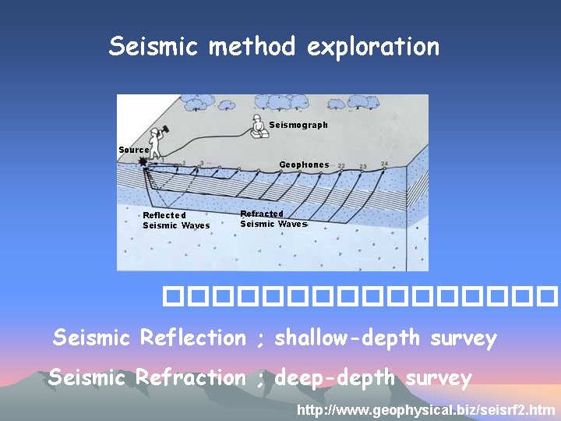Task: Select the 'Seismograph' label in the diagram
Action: click(298, 125)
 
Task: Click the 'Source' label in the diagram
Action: click(133, 150)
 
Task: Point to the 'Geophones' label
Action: click(304, 165)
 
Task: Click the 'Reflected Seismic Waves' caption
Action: click(176, 221)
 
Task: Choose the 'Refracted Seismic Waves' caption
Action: click(273, 219)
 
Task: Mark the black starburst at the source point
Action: click(143, 162)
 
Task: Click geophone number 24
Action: click(384, 164)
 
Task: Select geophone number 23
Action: click(363, 166)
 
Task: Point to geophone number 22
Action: click(341, 166)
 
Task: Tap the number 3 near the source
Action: click(202, 164)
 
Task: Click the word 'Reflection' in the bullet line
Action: click(192, 338)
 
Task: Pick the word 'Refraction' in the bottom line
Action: click(190, 378)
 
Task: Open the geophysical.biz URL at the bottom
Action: click(426, 409)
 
